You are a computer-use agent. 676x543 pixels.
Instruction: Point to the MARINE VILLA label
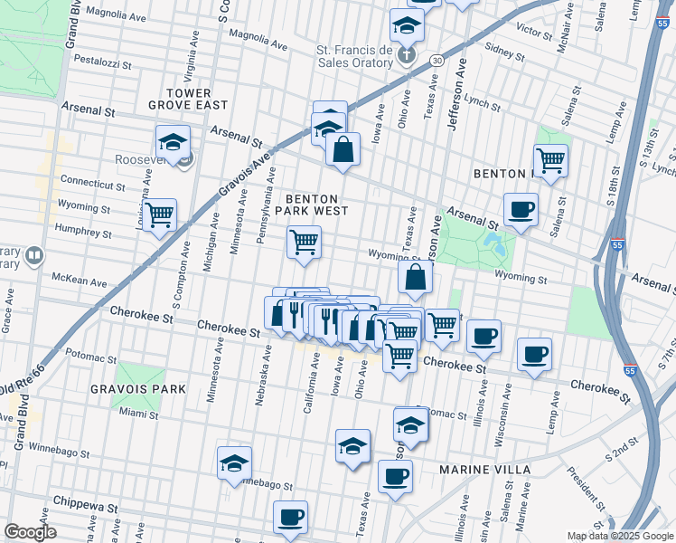(x=477, y=471)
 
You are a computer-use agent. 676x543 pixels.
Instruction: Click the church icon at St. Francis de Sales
(x=407, y=56)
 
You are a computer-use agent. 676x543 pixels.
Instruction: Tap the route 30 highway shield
(x=437, y=59)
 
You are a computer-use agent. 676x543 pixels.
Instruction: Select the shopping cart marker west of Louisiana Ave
(x=159, y=215)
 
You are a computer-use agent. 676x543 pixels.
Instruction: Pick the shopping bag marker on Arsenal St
(x=343, y=150)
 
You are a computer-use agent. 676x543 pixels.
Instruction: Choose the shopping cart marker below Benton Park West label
(x=304, y=243)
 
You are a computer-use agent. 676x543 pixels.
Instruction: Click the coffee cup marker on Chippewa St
(x=290, y=518)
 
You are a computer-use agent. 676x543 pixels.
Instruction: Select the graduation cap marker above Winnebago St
(x=234, y=463)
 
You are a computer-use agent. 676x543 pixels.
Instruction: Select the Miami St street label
(x=138, y=414)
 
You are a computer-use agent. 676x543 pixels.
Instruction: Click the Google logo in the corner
(x=30, y=532)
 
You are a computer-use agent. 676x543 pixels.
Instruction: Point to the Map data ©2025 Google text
(x=619, y=536)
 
